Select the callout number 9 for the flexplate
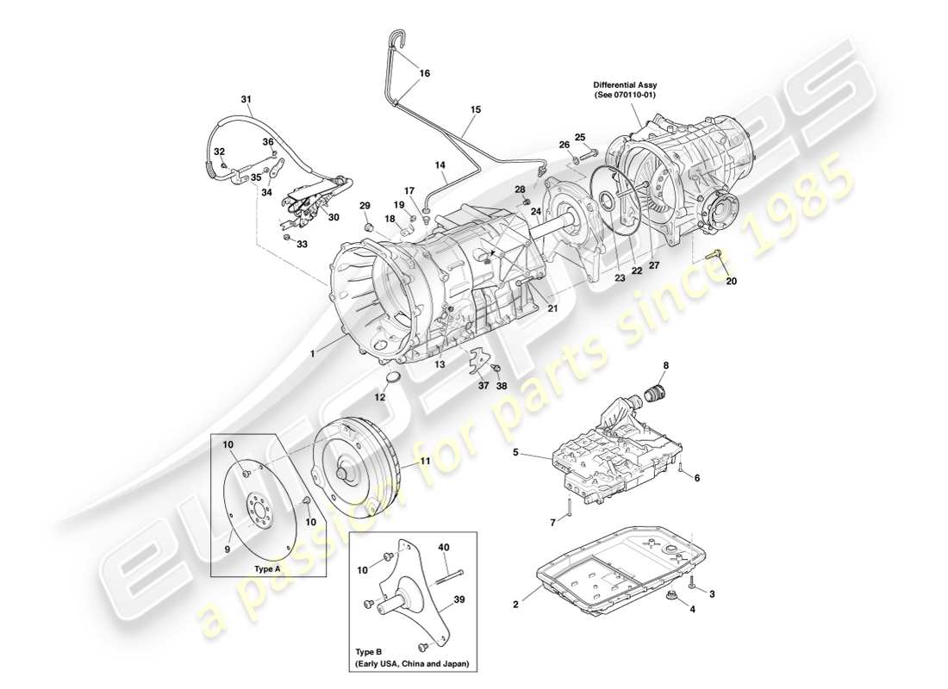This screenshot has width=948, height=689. tap(229, 549)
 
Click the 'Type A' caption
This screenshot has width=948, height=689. tap(268, 569)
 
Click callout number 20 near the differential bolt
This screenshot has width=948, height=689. tap(731, 281)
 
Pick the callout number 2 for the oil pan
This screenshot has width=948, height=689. tap(515, 605)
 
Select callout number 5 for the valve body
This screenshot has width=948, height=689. tap(515, 451)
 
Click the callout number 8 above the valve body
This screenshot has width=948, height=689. tap(664, 366)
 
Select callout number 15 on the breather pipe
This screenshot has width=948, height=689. tap(475, 109)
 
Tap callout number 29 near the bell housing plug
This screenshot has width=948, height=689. tap(365, 205)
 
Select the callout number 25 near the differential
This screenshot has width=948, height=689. tap(580, 137)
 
